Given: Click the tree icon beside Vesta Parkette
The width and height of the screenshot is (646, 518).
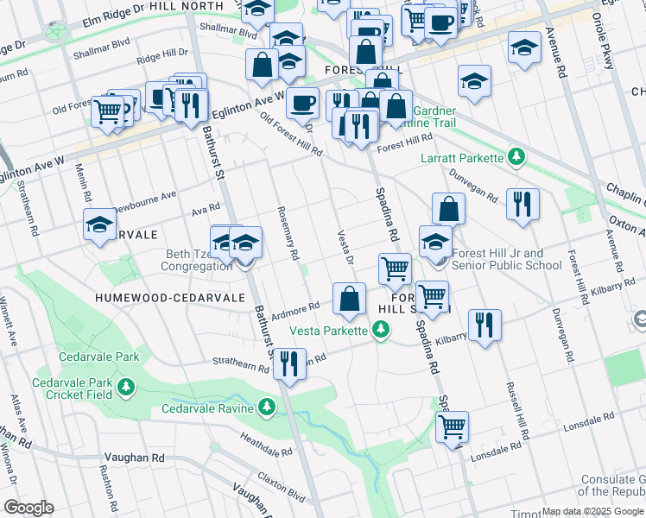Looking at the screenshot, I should pos(380,330).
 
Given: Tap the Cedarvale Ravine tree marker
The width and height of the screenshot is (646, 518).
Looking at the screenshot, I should pos(266,407).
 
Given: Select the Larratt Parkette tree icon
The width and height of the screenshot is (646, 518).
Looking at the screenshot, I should pos(516,157).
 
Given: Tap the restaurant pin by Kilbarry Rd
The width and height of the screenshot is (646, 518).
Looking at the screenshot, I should pos(484,325).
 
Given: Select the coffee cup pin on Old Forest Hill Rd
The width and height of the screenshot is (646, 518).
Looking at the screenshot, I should pos(302,103).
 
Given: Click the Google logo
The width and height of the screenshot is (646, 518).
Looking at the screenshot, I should pos(28,508).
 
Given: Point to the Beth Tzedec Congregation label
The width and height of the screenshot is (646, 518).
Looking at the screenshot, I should pos(196,260).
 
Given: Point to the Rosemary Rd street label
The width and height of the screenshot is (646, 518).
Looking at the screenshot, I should pos(287,232).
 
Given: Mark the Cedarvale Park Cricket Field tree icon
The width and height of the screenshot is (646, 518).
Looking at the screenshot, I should pos(127,385).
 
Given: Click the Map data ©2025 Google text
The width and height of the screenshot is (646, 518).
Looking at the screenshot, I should pos(592,511).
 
